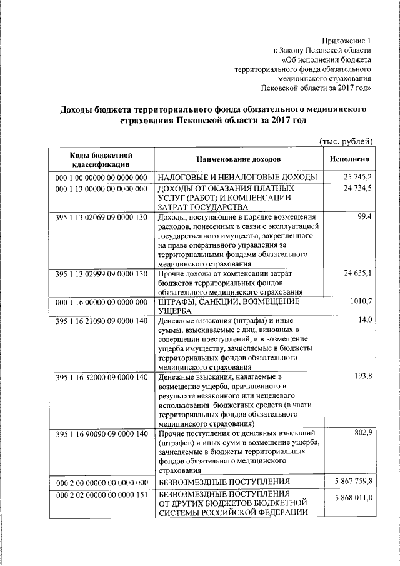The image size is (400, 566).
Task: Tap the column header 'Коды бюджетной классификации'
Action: coord(101,159)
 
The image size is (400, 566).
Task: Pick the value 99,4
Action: coord(364,216)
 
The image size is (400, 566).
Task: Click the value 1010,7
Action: coord(360,301)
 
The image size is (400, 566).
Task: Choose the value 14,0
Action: coord(365,320)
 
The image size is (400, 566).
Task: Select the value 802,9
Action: coord(362,433)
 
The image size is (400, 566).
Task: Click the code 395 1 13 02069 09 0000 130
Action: coord(101,216)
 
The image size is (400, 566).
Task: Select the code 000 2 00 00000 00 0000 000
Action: coord(101,482)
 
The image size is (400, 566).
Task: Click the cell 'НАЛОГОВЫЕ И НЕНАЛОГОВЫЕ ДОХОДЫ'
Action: coord(237,178)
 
